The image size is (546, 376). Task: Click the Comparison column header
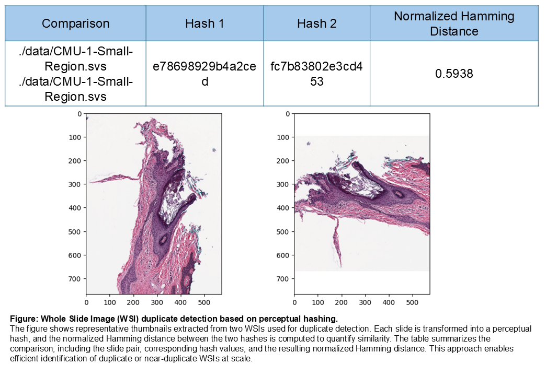click(75, 23)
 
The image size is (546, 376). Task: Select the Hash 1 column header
click(204, 23)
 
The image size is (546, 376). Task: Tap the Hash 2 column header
click(316, 23)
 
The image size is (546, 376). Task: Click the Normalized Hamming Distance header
click(454, 23)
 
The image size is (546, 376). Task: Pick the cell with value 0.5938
click(454, 74)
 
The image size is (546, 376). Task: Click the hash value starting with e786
click(204, 74)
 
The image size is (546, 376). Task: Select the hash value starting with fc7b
click(316, 74)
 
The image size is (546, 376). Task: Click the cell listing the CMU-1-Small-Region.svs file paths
click(75, 74)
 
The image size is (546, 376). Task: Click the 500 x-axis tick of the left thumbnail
click(204, 301)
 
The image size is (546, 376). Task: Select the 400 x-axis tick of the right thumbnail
click(389, 301)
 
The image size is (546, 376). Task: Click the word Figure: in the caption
click(22, 319)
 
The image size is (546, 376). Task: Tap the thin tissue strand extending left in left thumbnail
click(112, 179)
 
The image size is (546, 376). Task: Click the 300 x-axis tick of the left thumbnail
click(157, 301)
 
